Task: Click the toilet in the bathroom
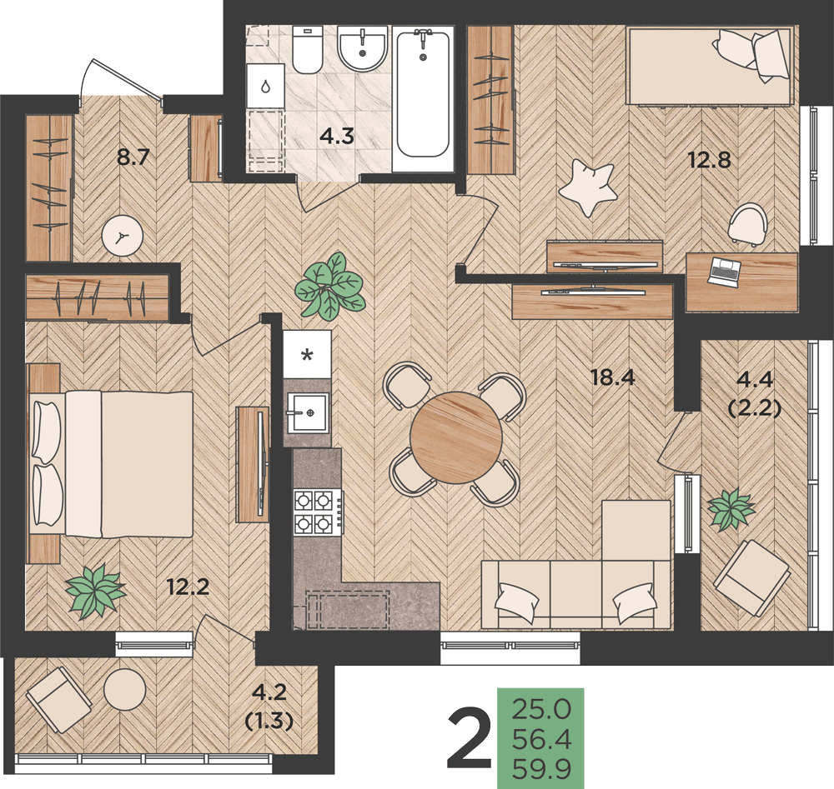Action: [x=307, y=49]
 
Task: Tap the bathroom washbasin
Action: [x=362, y=47]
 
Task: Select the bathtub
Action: [x=424, y=93]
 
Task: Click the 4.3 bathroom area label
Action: [x=337, y=136]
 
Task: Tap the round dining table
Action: [x=456, y=437]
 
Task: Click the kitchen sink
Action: [x=308, y=413]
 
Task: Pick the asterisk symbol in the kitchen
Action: [x=307, y=355]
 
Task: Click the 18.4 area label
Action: [x=613, y=377]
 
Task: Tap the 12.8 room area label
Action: [x=710, y=159]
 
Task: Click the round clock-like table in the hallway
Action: [x=123, y=236]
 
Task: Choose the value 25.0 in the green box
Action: [x=541, y=709]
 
